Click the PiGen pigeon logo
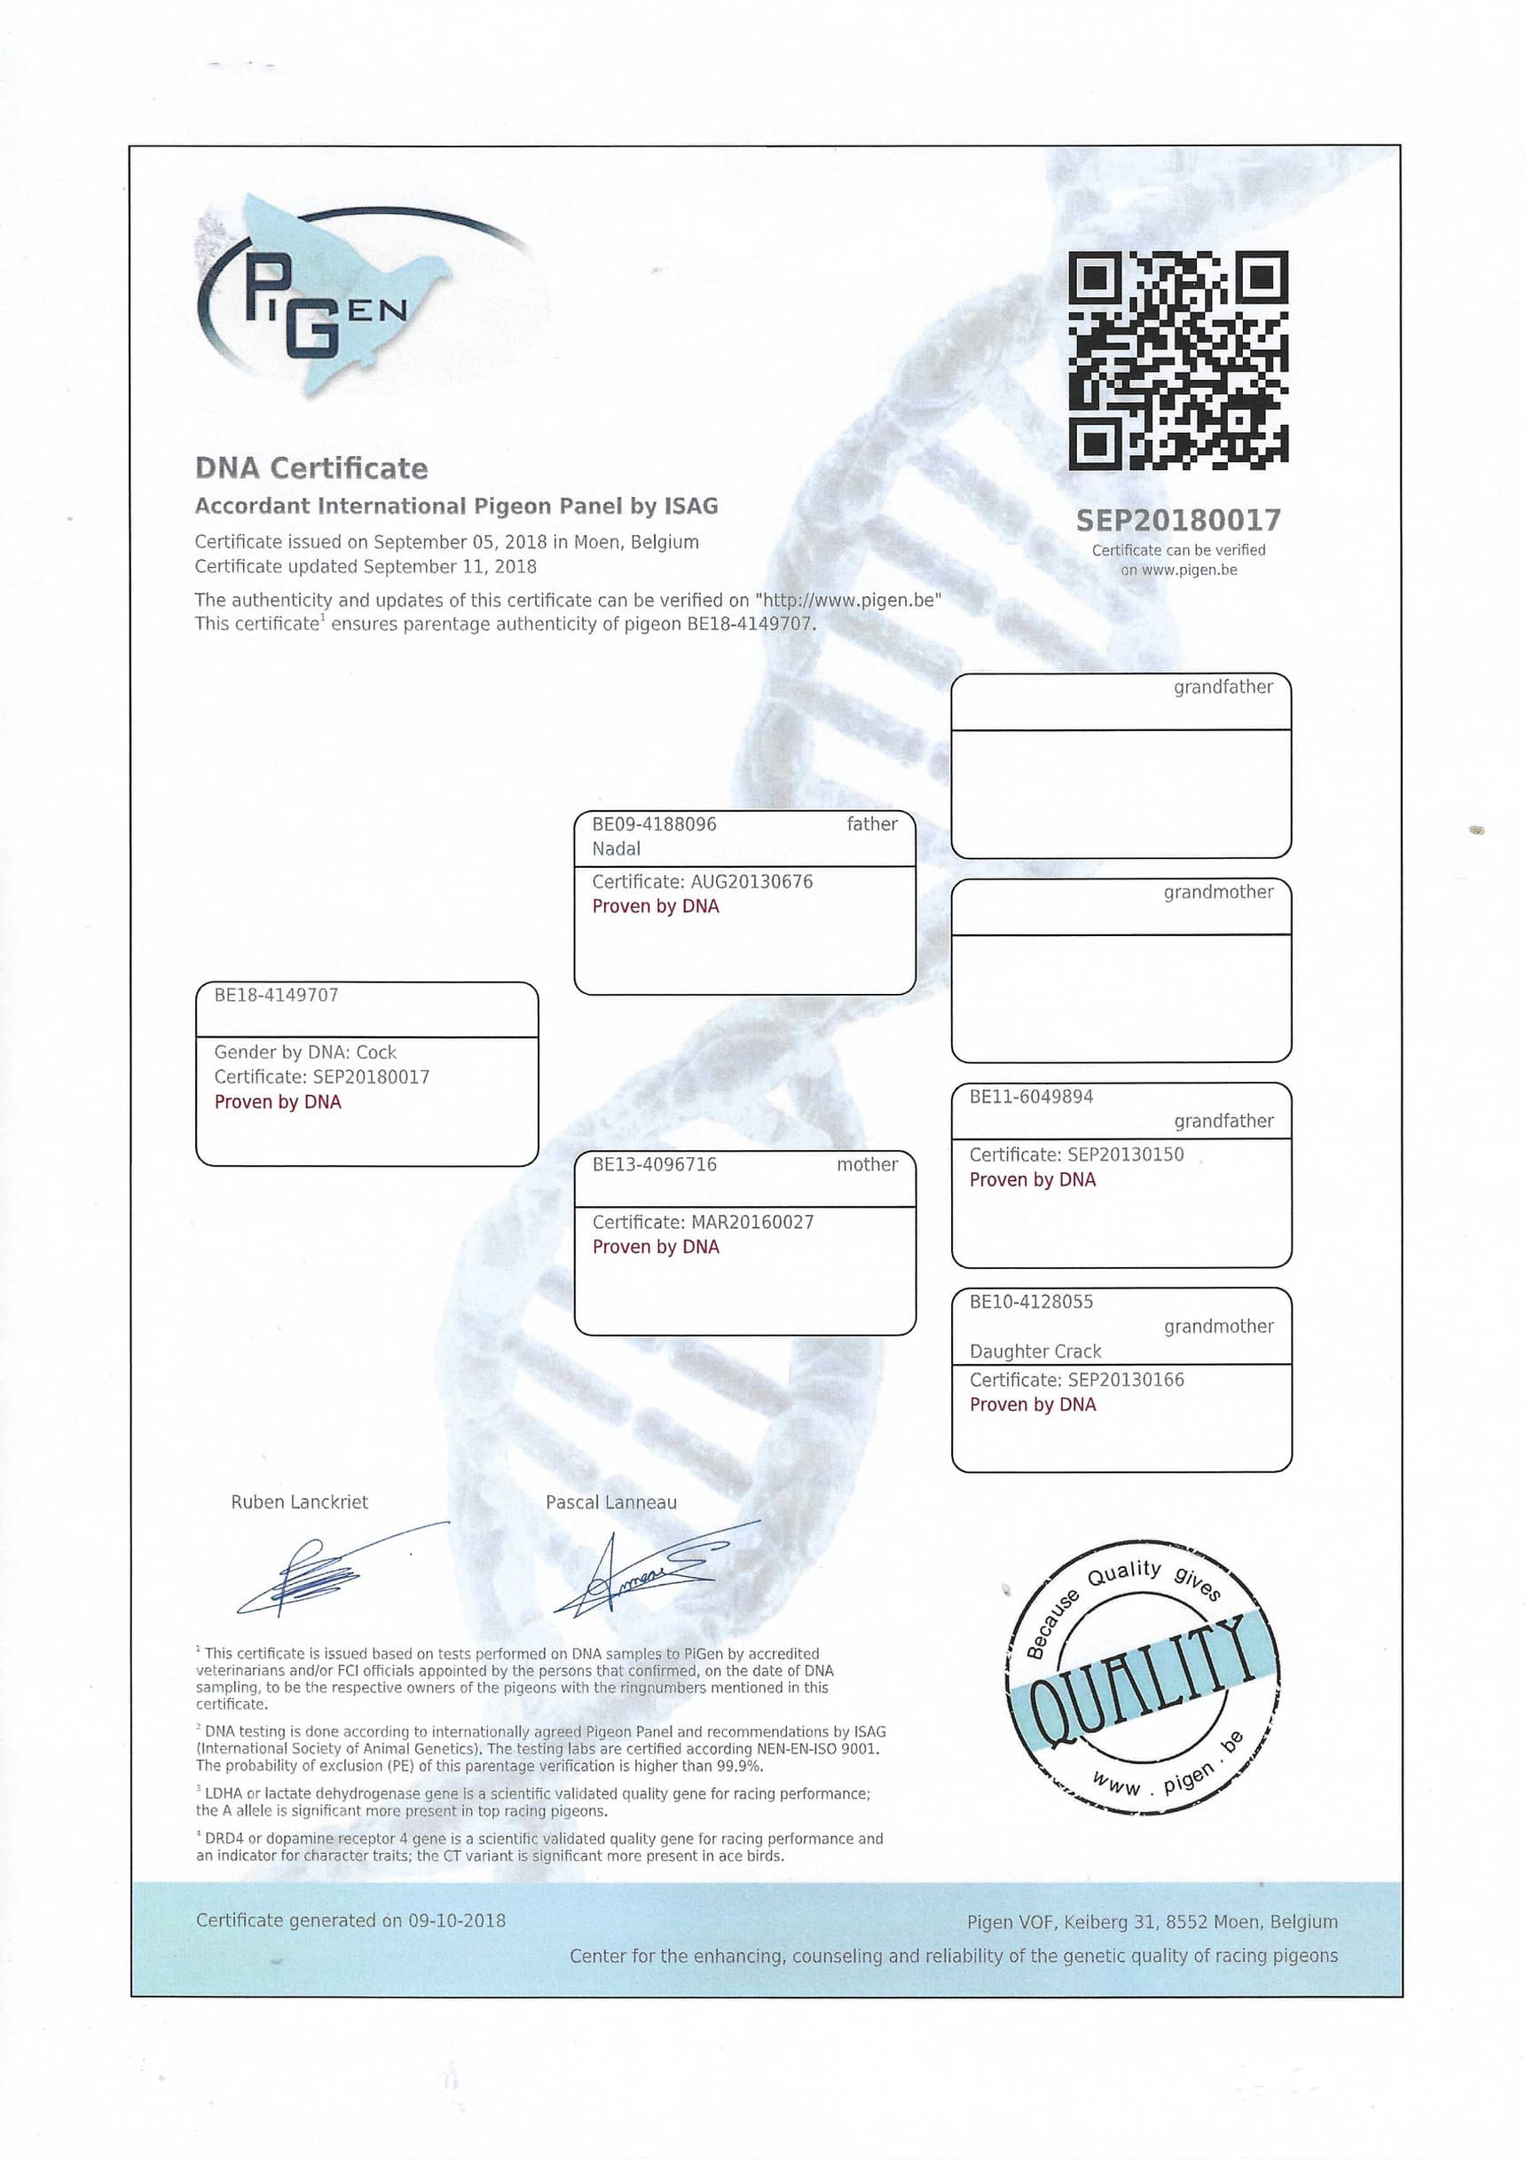coord(325,296)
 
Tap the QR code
coord(1177,360)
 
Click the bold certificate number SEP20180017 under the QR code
coord(1177,520)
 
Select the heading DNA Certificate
coord(311,469)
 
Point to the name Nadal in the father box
coord(616,849)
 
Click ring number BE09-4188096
coord(654,824)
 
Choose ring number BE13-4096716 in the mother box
coord(654,1165)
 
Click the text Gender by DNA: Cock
coord(304,1052)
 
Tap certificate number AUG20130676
coord(751,882)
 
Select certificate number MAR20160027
coord(751,1223)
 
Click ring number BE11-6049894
coord(1031,1097)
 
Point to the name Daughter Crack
coord(1034,1351)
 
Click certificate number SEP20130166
coord(1126,1380)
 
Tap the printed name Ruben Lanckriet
coord(299,1501)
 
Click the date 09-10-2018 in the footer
coord(456,1920)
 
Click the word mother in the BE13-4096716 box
coord(867,1165)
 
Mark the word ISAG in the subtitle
coord(690,506)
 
